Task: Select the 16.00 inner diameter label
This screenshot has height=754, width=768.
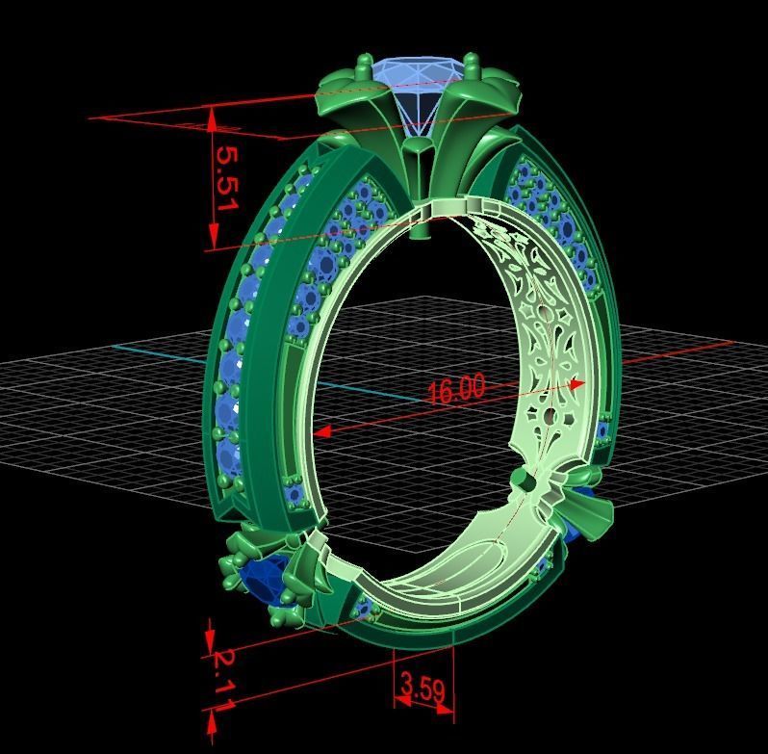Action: coord(456,389)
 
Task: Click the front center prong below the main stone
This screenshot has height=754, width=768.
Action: coord(419,154)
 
